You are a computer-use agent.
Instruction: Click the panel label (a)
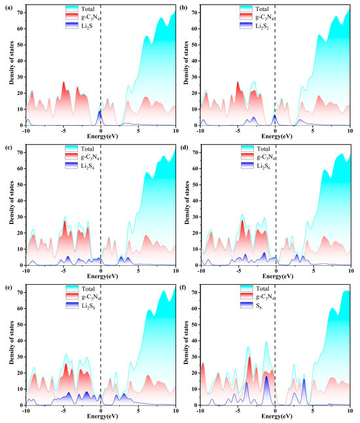click(x=7, y=9)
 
